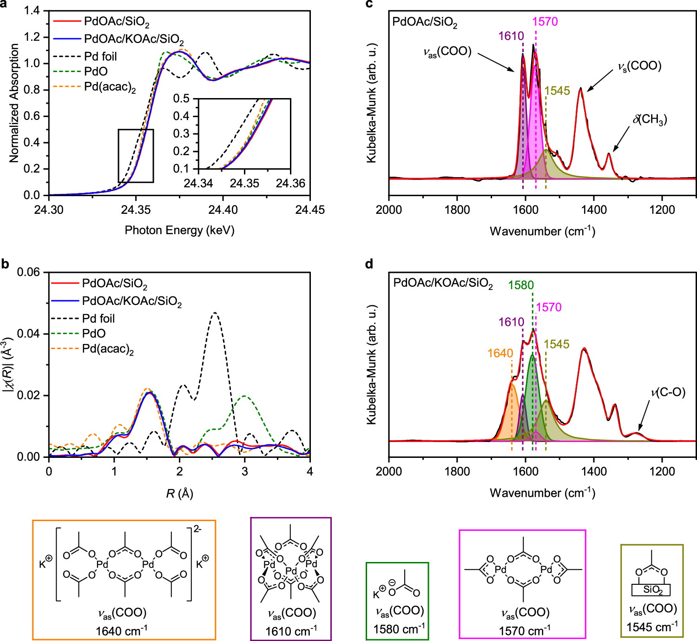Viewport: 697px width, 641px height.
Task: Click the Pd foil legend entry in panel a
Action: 100,56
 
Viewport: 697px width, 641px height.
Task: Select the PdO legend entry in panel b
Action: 94,333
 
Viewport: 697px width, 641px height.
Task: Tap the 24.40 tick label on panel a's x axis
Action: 223,210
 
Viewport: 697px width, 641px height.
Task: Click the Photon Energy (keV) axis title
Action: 179,230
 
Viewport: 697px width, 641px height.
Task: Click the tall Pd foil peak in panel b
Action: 215,313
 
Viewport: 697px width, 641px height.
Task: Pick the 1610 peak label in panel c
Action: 511,36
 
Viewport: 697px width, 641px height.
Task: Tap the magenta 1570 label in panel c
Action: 545,21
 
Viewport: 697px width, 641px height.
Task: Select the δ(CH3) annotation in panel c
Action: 650,119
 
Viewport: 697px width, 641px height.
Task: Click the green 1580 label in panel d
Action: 521,285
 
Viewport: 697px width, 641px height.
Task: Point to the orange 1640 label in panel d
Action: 500,353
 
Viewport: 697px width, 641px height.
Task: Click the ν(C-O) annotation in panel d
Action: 668,392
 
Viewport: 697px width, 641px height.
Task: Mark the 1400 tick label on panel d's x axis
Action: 594,471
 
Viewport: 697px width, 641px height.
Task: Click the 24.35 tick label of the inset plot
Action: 244,183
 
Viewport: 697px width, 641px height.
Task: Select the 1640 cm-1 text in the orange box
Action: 122,631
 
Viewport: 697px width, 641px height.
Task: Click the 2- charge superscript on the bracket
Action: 197,529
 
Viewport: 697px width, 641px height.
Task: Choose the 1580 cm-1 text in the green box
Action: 399,629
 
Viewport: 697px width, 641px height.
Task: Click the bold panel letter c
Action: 369,4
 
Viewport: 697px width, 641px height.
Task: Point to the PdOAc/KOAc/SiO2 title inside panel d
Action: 443,283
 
